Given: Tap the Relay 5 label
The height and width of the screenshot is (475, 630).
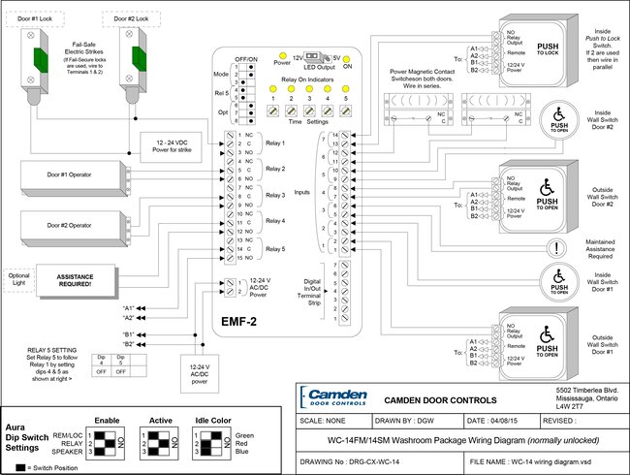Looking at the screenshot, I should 278,249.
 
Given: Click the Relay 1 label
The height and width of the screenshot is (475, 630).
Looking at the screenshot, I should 278,142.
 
